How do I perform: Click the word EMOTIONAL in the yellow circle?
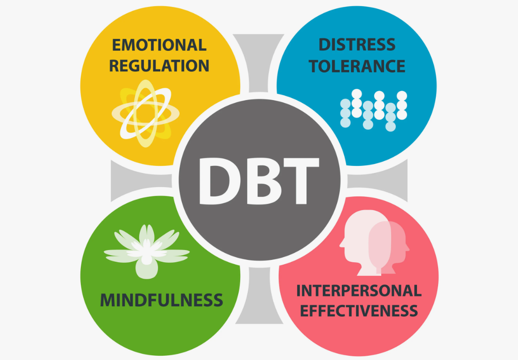point(159,45)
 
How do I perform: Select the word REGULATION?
point(159,65)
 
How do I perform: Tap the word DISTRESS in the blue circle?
point(357,45)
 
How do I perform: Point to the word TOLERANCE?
point(357,66)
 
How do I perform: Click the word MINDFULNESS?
point(162,300)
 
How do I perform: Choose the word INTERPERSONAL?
point(359,290)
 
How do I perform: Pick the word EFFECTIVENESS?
point(359,311)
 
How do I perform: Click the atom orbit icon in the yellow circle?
point(146,113)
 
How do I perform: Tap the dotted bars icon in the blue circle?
point(374,110)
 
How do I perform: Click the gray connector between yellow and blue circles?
point(259,63)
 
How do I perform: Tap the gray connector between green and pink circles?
point(259,295)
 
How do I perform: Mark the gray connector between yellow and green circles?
point(141,180)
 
